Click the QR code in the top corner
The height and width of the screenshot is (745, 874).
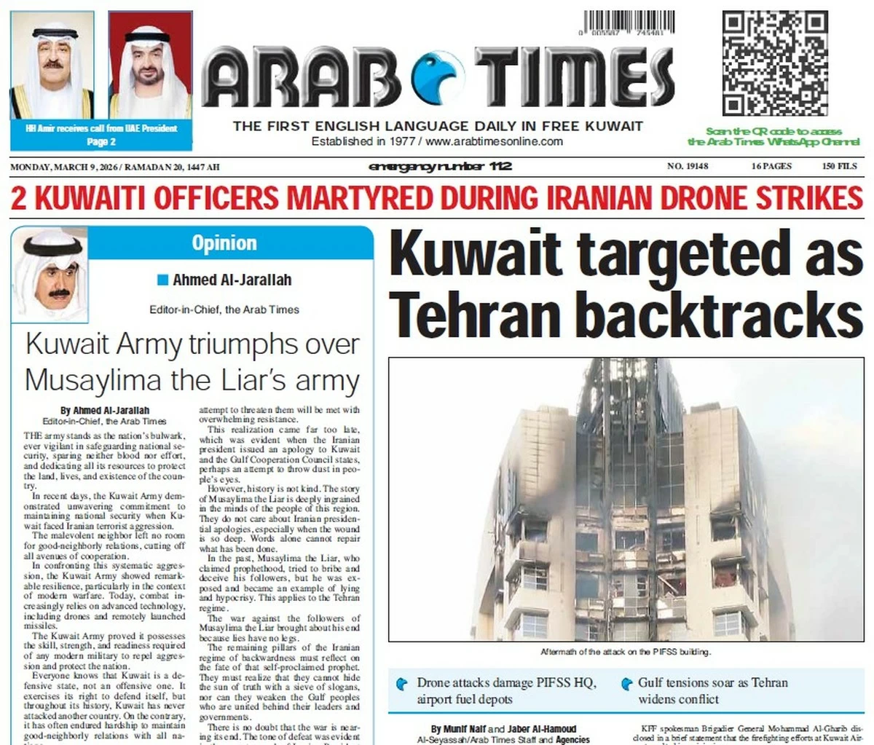pos(775,63)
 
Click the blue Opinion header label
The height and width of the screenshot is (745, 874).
pos(224,243)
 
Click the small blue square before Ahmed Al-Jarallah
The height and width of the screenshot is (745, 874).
pos(163,280)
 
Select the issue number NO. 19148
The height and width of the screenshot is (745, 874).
pos(688,167)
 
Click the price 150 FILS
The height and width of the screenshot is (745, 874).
pos(840,167)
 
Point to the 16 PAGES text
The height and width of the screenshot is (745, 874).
pos(771,167)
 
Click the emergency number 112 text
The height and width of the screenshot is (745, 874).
pos(441,167)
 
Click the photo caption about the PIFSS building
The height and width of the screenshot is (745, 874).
pos(626,652)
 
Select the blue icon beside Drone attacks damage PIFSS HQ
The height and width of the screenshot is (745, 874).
pos(401,685)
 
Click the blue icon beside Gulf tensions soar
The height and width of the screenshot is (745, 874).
pos(626,684)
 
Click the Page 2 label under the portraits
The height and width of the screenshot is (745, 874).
pos(101,141)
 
